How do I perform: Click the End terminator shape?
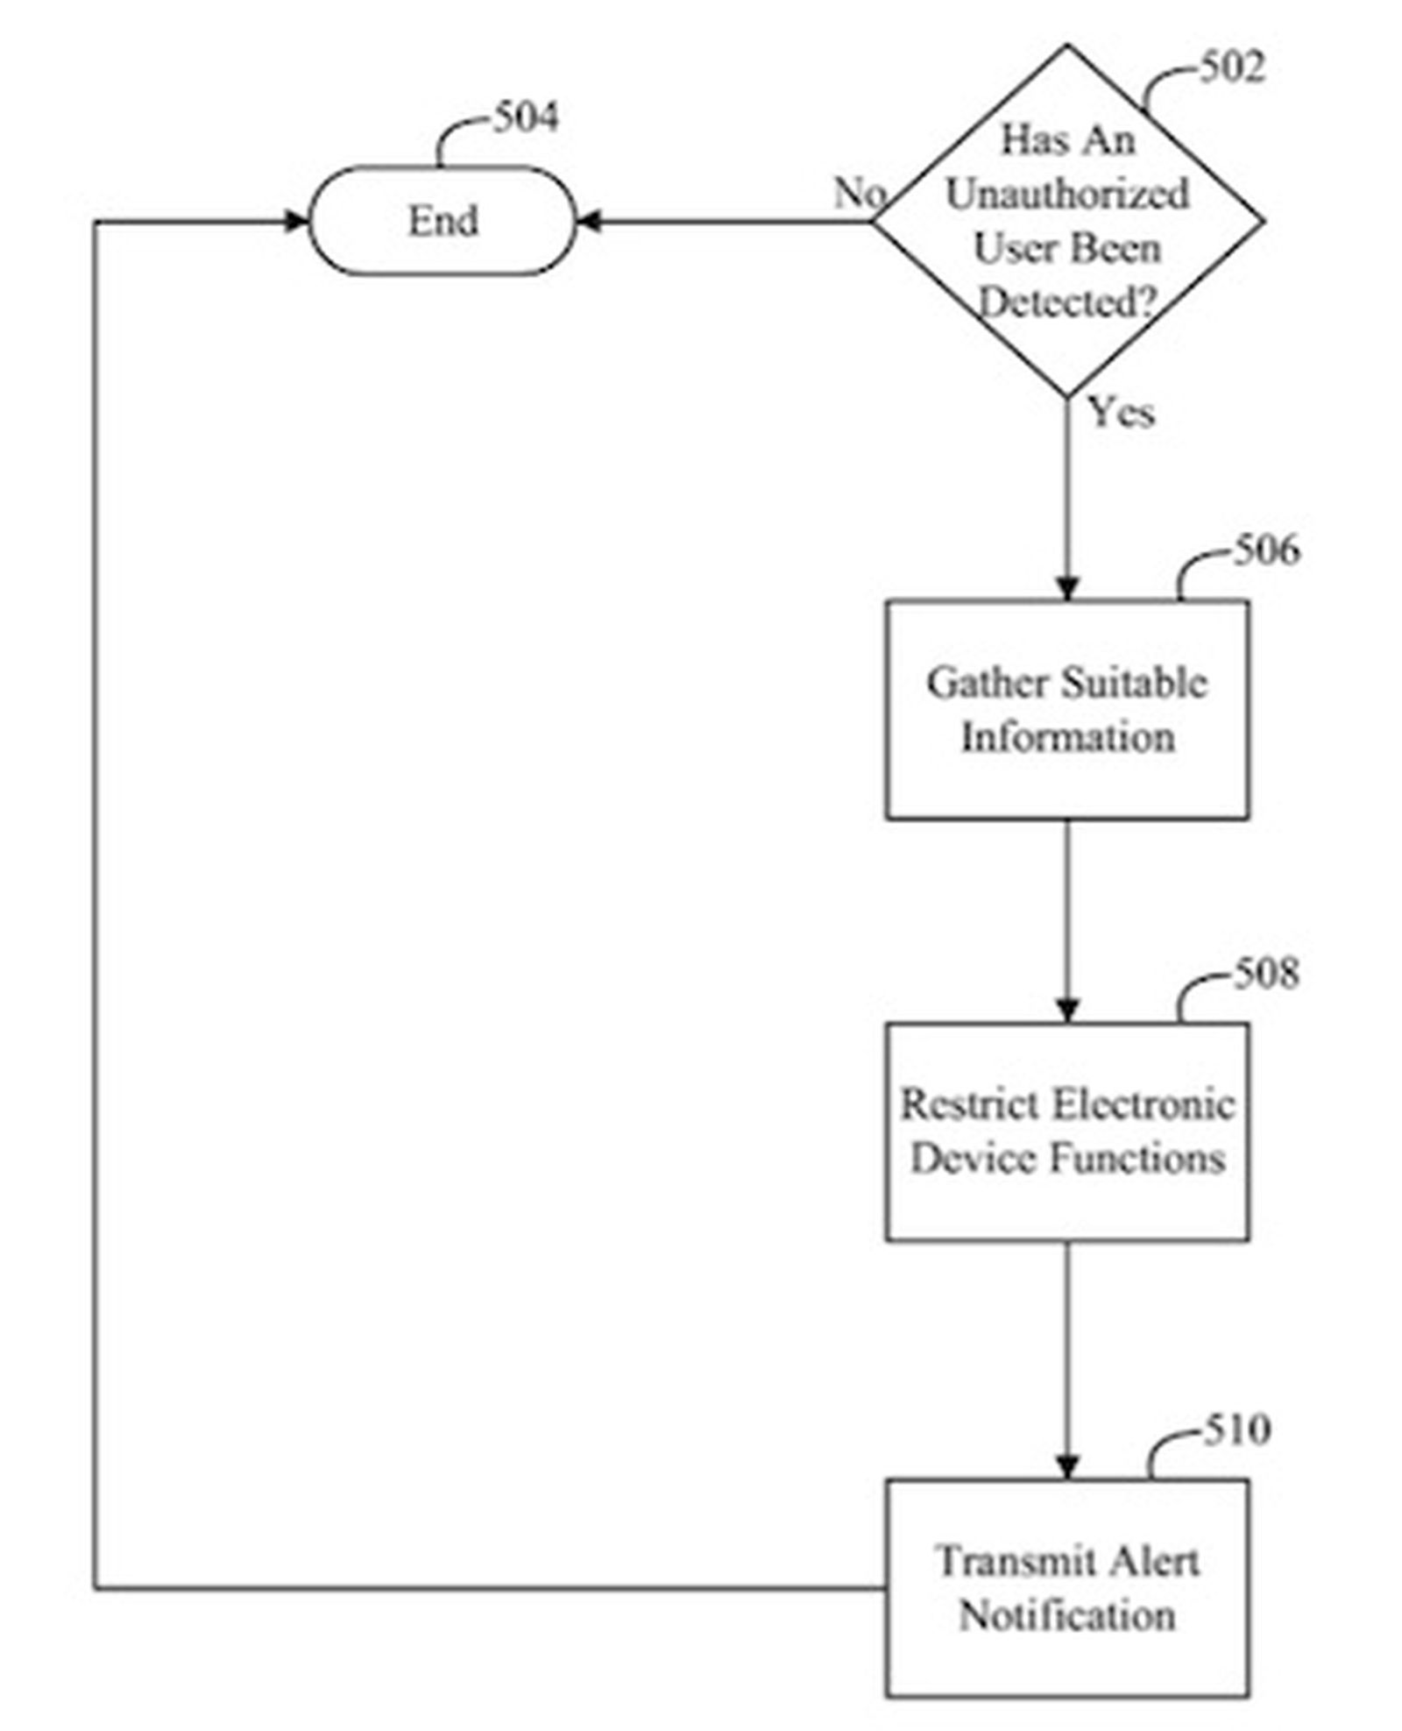pyautogui.click(x=443, y=220)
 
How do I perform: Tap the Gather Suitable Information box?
pyautogui.click(x=1066, y=709)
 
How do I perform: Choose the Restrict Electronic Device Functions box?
pyautogui.click(x=1066, y=1131)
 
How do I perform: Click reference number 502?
pyautogui.click(x=1231, y=67)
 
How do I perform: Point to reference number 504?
pyautogui.click(x=525, y=117)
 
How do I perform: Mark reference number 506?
pyautogui.click(x=1266, y=550)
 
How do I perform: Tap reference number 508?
pyautogui.click(x=1266, y=973)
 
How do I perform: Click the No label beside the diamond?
pyautogui.click(x=858, y=193)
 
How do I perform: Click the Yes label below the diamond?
pyautogui.click(x=1121, y=411)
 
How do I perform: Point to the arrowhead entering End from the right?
pyautogui.click(x=588, y=222)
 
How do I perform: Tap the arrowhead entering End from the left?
pyautogui.click(x=298, y=222)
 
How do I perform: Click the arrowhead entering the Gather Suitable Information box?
pyautogui.click(x=1066, y=588)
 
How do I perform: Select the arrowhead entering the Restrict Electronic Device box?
pyautogui.click(x=1066, y=1010)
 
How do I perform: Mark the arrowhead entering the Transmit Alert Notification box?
pyautogui.click(x=1066, y=1466)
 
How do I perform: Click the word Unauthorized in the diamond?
pyautogui.click(x=1066, y=194)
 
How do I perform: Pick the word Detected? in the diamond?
pyautogui.click(x=1066, y=302)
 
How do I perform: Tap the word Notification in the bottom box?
pyautogui.click(x=1066, y=1614)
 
